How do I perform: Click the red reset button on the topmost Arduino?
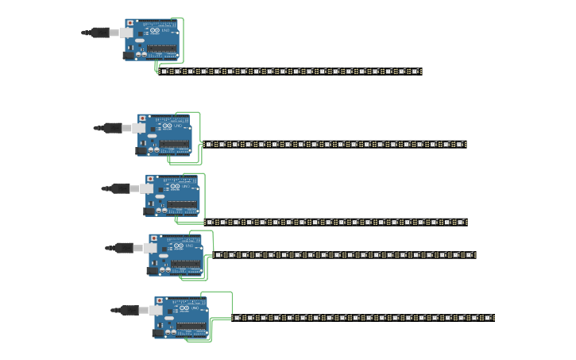click(x=130, y=24)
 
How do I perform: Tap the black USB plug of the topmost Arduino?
click(x=100, y=33)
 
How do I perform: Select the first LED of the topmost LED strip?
click(x=164, y=72)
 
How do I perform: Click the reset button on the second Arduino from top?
click(x=143, y=118)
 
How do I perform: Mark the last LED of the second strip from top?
click(x=462, y=145)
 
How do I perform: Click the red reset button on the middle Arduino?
click(x=150, y=180)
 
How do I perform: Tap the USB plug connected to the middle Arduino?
click(x=120, y=188)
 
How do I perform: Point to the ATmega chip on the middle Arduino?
click(x=182, y=205)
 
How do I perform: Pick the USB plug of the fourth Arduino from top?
click(x=124, y=248)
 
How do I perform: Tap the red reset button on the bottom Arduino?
click(x=160, y=301)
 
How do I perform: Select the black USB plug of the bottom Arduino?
click(x=130, y=310)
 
